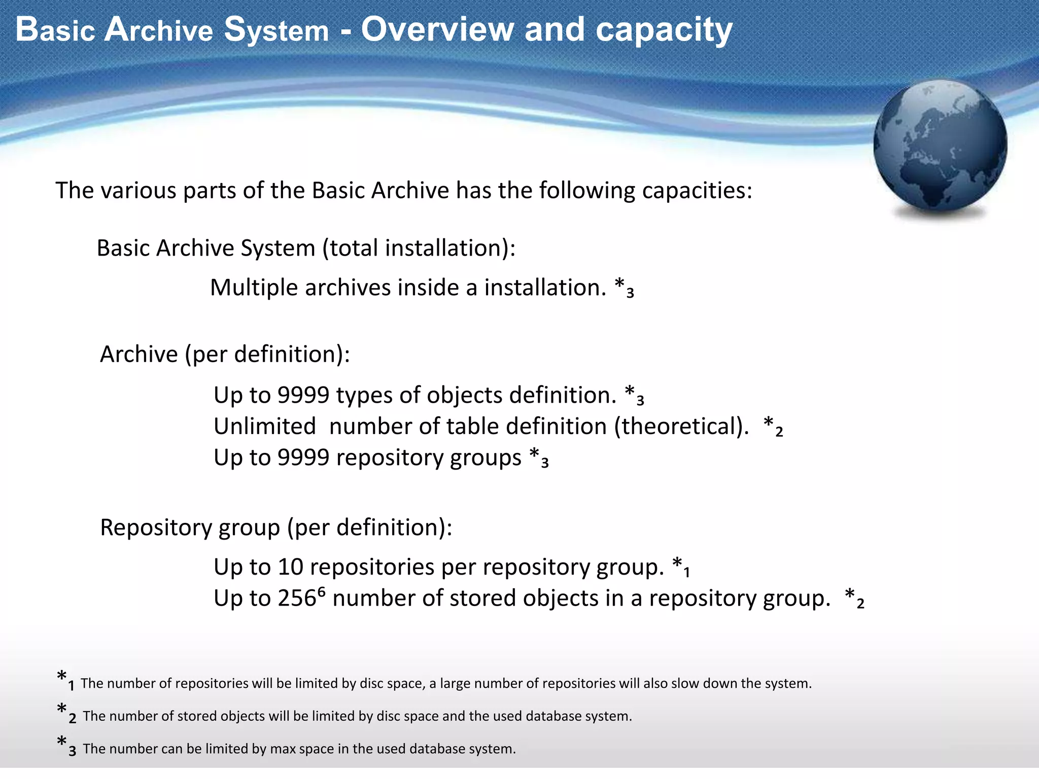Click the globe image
tap(940, 147)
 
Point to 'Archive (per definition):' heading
tap(225, 354)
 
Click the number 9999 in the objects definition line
tap(303, 395)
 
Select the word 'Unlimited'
tap(264, 427)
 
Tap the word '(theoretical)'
tap(681, 427)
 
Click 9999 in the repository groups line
tap(303, 458)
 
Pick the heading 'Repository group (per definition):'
tap(276, 528)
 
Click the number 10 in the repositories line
tap(290, 567)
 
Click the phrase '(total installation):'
tap(419, 249)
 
